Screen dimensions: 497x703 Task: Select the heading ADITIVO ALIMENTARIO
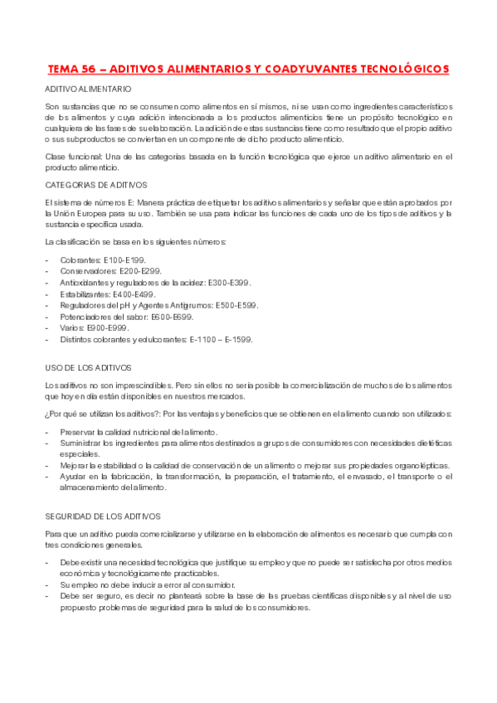[x=87, y=88]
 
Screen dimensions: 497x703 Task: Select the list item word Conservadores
[x=87, y=271]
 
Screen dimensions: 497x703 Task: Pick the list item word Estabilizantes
[x=87, y=294]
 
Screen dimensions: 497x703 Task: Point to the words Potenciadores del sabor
[x=109, y=317]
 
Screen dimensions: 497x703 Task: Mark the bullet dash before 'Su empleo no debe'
[x=47, y=584]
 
